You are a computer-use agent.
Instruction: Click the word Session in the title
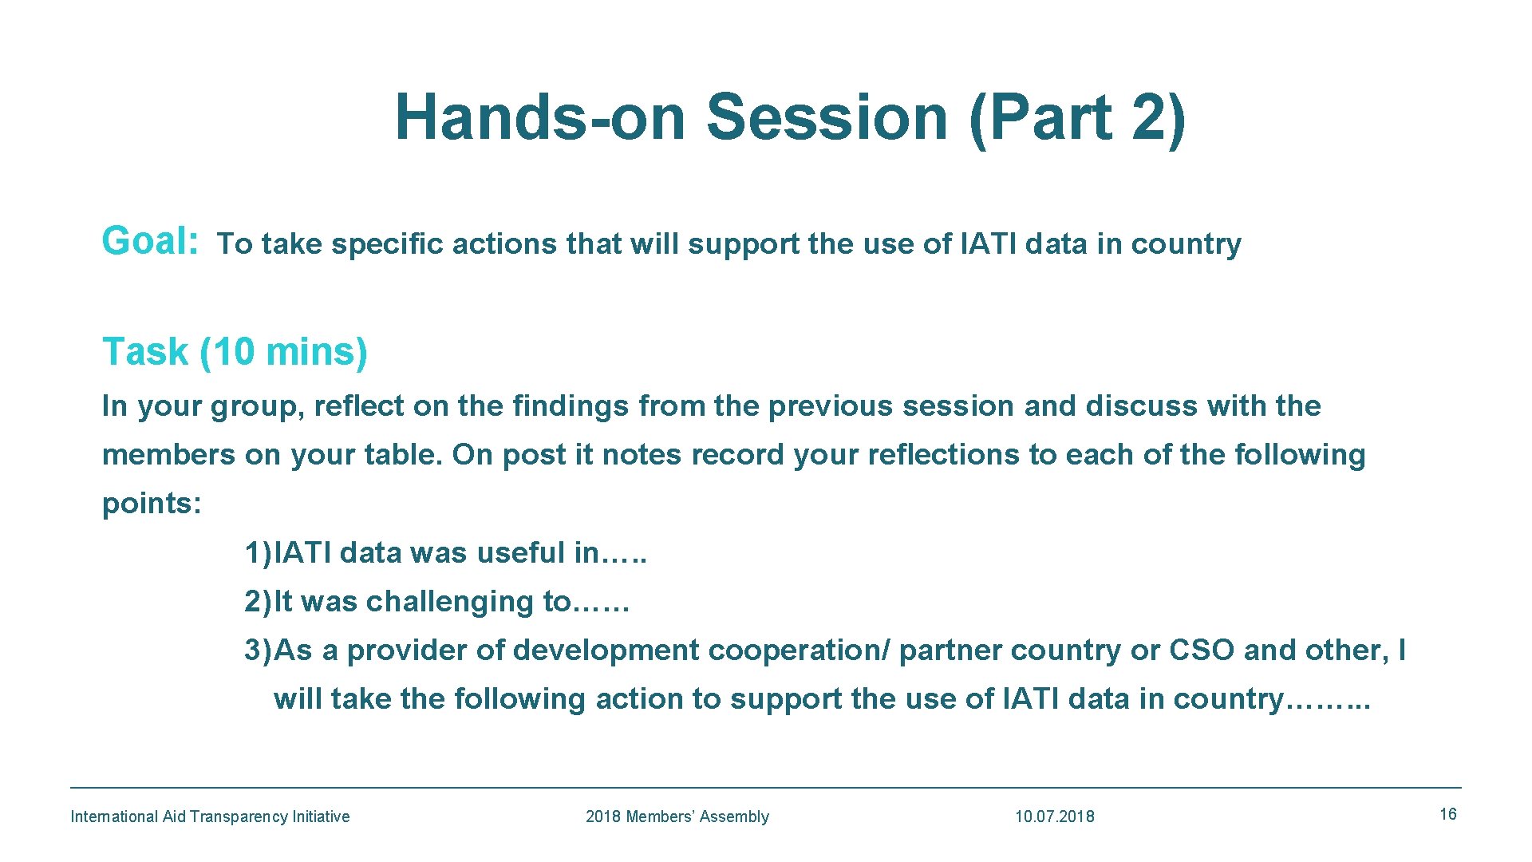pos(827,117)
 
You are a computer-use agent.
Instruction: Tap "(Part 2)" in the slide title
pos(1077,117)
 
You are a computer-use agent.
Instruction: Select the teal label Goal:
pos(150,241)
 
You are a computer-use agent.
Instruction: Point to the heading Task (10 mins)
pos(235,352)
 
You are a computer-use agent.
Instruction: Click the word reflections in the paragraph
pos(944,455)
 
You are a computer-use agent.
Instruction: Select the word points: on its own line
pos(152,504)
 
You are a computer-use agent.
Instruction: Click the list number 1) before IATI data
pos(258,552)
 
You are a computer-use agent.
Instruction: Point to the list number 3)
pos(258,650)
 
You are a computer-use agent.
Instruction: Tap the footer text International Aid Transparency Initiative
pos(210,817)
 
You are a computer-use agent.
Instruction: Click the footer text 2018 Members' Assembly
pos(677,817)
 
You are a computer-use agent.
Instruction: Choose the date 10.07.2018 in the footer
pos(1054,817)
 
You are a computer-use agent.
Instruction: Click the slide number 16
pos(1447,814)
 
